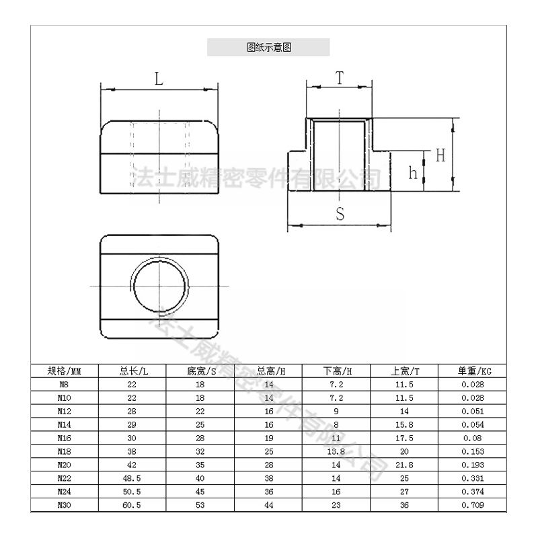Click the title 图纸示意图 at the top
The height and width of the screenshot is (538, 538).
268,48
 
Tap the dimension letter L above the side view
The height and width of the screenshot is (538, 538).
159,79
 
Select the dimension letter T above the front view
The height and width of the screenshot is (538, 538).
340,77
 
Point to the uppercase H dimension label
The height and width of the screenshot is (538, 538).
440,155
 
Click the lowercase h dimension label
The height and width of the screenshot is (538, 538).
414,173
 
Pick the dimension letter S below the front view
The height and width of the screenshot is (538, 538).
340,215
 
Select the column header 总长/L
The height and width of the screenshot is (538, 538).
132,371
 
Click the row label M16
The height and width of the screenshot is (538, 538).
65,437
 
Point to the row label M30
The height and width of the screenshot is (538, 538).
65,504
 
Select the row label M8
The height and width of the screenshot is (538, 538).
65,384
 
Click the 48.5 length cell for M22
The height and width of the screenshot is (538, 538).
132,477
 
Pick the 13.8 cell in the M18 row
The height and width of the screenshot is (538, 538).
336,451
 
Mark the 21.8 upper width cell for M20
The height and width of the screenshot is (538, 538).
404,464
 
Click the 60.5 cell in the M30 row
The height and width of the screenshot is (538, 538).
132,504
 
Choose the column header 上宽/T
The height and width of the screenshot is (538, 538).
404,371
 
